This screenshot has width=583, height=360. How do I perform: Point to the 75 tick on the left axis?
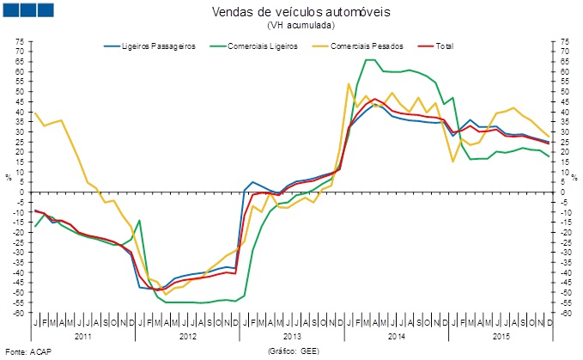(x=20, y=41)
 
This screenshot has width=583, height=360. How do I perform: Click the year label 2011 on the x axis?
(x=83, y=335)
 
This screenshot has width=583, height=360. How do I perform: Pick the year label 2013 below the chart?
(x=292, y=335)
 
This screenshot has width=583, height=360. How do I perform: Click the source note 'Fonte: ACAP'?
(x=27, y=352)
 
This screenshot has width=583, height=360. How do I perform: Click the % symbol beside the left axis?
(x=9, y=177)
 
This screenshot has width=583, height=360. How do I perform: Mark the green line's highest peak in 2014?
(x=370, y=59)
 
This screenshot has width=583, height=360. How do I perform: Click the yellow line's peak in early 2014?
(x=348, y=83)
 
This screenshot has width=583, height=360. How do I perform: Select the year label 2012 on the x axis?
(x=188, y=335)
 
